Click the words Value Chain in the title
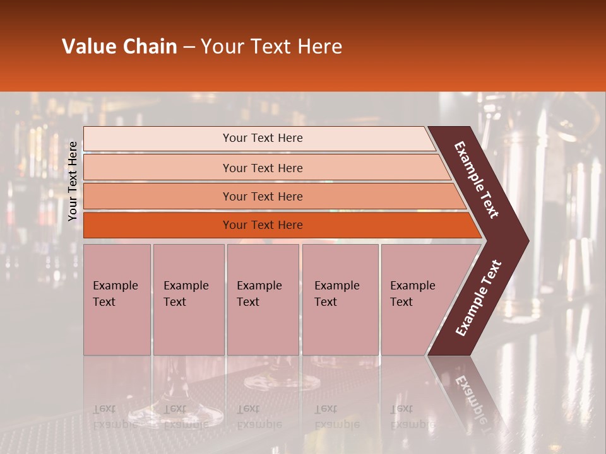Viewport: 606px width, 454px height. (119, 47)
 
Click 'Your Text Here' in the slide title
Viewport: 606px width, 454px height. (271, 47)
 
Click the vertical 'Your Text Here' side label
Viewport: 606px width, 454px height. (73, 181)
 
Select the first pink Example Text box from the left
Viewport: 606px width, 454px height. (117, 300)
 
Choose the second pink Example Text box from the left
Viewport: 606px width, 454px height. (188, 300)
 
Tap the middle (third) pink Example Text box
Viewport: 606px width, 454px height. (263, 300)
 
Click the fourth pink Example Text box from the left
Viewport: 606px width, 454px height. (340, 300)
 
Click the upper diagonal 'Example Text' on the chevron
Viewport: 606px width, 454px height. (477, 180)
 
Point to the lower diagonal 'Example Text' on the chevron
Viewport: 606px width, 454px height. (478, 298)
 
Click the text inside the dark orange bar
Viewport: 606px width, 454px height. (263, 225)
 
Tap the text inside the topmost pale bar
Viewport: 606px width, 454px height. (263, 138)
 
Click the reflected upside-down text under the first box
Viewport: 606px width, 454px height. (115, 416)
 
